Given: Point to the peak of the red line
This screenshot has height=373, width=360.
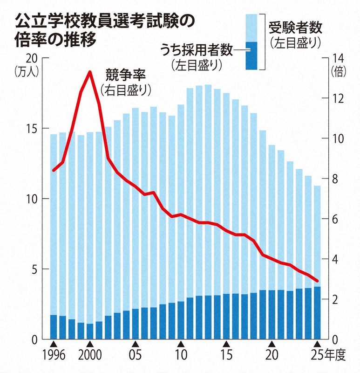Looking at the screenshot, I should click(89, 71).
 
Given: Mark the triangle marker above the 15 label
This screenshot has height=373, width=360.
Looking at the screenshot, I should click(226, 344).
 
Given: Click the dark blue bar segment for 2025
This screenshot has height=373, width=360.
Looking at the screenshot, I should click(317, 313).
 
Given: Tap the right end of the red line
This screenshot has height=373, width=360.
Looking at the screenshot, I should click(317, 281).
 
